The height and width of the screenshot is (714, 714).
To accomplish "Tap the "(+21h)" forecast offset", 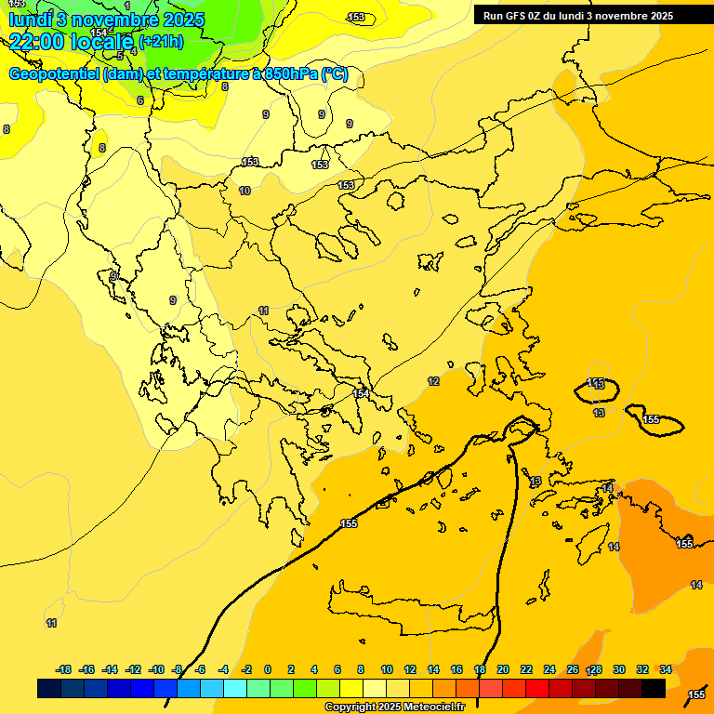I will point(161,41).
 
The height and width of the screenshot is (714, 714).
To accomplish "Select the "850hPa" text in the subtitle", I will point(291,74).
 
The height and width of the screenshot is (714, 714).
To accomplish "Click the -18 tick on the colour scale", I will point(63,669).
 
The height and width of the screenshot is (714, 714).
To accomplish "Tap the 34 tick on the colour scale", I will point(666,669).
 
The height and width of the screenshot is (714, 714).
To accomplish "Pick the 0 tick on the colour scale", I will point(268,669).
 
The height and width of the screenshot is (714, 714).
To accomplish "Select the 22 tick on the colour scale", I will point(526,669).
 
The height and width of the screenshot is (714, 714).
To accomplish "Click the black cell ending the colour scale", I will point(654,688).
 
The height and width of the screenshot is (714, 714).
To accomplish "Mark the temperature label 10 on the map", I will point(245,191).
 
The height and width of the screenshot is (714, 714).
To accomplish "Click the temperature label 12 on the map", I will point(433,382).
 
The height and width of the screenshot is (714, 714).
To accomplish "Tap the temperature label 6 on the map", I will point(140,100).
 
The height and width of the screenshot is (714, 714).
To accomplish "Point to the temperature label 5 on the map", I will point(120,56).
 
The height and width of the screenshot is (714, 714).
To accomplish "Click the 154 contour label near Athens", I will point(361,394).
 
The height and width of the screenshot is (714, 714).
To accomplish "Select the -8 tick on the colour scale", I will point(176,669).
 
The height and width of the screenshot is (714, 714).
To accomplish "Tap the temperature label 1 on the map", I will point(127,7).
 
